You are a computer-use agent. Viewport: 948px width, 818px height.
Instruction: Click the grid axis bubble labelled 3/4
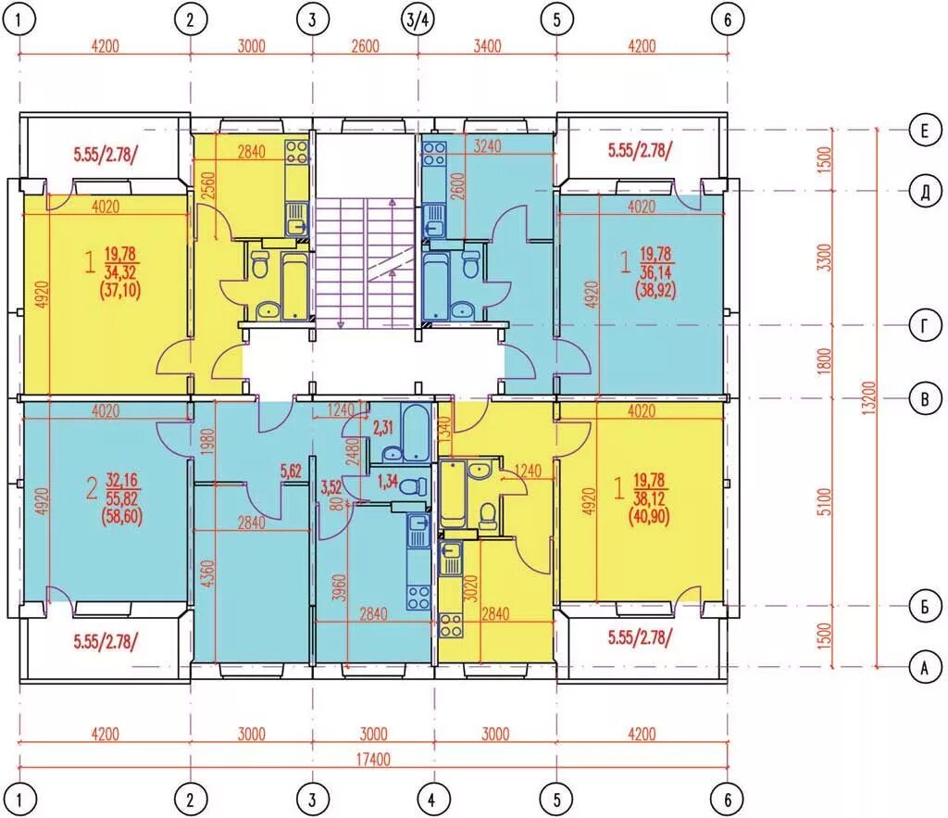(418, 19)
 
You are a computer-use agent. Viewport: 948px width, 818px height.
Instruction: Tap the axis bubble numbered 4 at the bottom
(431, 799)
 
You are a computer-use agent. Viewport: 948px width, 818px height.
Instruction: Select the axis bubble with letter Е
(925, 131)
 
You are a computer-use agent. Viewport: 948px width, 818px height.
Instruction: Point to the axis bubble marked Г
(925, 326)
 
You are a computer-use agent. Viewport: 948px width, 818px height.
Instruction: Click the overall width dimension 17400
(373, 760)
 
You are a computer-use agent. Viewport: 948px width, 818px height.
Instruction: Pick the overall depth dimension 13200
(868, 397)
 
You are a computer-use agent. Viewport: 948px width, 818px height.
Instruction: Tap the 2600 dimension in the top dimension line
(365, 46)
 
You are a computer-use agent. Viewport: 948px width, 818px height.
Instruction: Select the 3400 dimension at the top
(487, 46)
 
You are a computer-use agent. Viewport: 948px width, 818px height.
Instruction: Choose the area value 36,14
(656, 272)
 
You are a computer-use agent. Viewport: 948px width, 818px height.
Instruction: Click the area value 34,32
(121, 272)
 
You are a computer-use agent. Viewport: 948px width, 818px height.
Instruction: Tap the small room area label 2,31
(382, 428)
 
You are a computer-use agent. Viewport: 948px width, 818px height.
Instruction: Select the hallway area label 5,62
(291, 471)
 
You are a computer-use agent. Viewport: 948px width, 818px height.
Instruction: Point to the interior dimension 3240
(487, 145)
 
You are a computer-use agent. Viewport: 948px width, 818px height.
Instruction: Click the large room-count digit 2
(92, 488)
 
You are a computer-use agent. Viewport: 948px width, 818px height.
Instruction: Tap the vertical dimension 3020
(473, 588)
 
